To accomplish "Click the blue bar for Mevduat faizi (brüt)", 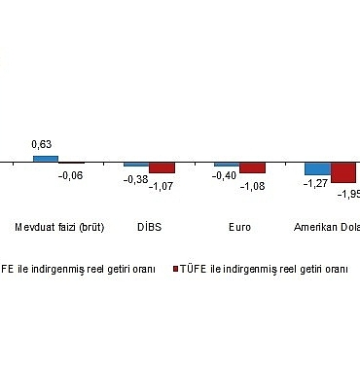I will [46, 159].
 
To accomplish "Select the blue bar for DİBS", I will [136, 165].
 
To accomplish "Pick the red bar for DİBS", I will [162, 167].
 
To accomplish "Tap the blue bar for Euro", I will [227, 165].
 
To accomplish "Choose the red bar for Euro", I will [252, 167].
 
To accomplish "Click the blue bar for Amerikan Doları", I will [317, 168].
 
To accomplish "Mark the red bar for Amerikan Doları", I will [343, 172].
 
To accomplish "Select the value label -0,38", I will [135, 179].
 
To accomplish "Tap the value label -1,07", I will [162, 185].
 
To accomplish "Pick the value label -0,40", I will [226, 179].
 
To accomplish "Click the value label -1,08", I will [252, 185].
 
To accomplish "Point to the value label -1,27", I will [315, 183].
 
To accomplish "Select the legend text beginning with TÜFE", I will [265, 269].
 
